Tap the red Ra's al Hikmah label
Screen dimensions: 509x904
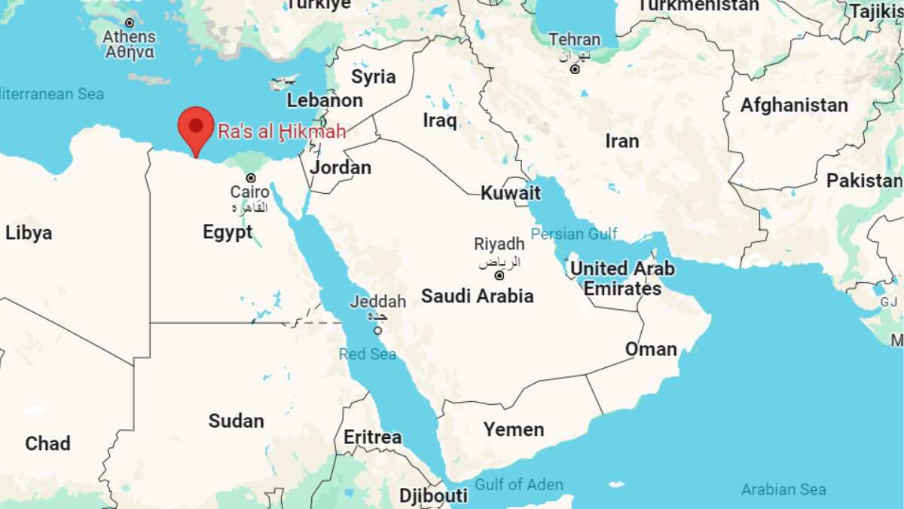(282, 132)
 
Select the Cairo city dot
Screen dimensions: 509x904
(251, 178)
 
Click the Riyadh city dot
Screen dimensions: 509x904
(499, 276)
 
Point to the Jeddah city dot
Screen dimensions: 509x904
(377, 330)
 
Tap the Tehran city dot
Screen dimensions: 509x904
(575, 69)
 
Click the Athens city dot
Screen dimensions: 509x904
(130, 23)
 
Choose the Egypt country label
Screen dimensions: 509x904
(228, 232)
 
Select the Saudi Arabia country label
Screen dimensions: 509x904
(477, 296)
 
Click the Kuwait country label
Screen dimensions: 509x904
(511, 193)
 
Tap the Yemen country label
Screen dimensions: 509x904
(514, 430)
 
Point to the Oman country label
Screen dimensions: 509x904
(651, 349)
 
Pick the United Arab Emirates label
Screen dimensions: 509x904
(622, 278)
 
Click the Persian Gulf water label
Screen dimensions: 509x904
(574, 234)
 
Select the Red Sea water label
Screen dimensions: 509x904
(367, 354)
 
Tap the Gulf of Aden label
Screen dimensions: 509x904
(518, 484)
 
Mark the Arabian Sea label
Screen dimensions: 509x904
(783, 489)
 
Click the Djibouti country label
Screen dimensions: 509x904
(433, 495)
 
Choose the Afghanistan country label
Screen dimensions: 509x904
(794, 106)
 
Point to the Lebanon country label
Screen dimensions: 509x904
(325, 100)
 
